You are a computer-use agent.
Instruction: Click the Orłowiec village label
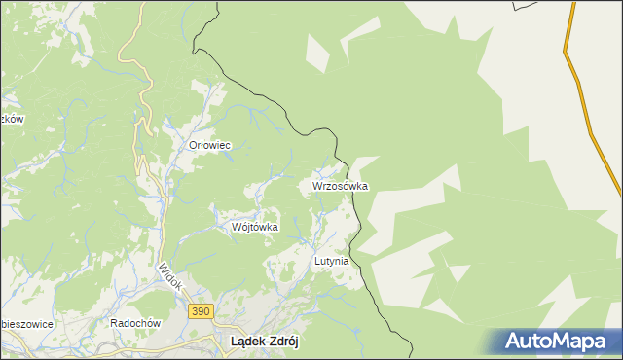(209, 145)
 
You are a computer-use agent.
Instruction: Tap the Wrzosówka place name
(340, 185)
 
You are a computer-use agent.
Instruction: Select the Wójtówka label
(255, 227)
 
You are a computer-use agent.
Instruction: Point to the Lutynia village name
(331, 262)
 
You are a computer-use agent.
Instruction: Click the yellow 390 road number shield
(200, 310)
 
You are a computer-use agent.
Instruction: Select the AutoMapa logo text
(556, 342)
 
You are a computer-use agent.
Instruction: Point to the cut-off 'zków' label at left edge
(12, 119)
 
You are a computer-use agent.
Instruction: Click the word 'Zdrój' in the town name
(286, 342)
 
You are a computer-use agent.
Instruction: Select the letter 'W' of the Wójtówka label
(237, 227)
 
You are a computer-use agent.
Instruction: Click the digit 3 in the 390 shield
(194, 310)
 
